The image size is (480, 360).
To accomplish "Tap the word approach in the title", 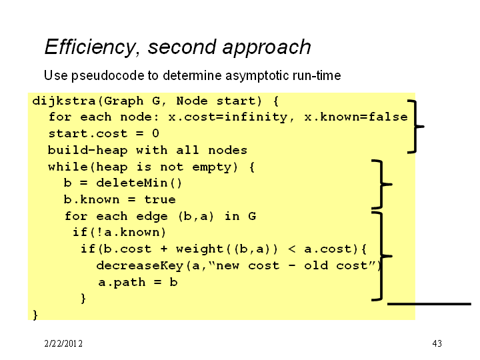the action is [267, 48].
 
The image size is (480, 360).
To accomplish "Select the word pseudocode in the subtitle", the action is [115, 75].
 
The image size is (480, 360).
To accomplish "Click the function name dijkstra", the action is [64, 101].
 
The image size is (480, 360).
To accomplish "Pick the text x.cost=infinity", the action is [228, 117].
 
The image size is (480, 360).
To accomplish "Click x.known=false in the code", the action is [356, 117].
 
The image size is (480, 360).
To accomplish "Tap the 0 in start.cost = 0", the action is [155, 133].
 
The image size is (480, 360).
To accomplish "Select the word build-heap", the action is [87, 150].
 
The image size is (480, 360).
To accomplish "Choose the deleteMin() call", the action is [139, 183].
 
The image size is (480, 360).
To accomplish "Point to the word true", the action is [160, 199].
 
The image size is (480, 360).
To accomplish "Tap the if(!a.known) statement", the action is [119, 233].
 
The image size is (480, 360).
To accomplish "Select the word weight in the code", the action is [199, 249].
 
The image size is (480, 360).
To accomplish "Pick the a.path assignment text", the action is [138, 282].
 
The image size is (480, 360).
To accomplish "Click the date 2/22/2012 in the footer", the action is [63, 343].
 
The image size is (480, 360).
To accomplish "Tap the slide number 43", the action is [437, 343].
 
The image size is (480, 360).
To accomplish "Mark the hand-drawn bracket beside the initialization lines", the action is [415, 126].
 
